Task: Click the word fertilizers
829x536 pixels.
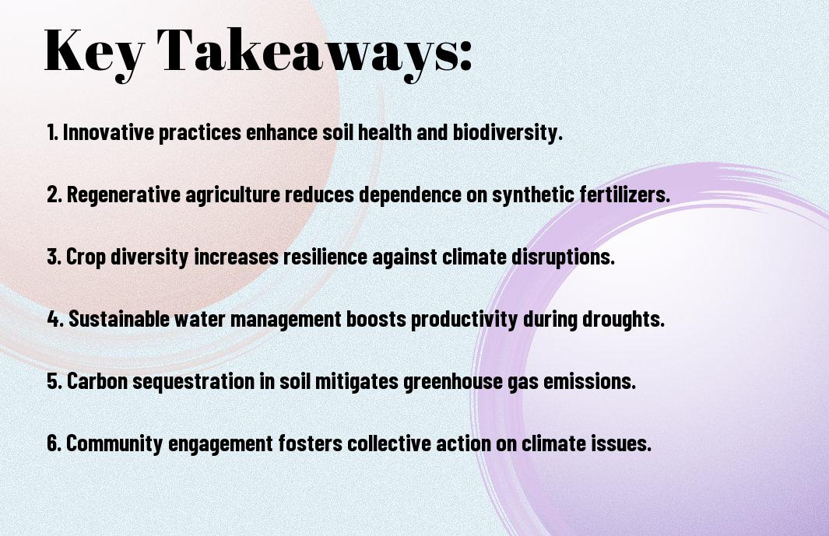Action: point(624,194)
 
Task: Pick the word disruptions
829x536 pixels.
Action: point(563,257)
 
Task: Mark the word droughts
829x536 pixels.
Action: point(624,319)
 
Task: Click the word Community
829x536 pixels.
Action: point(114,443)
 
